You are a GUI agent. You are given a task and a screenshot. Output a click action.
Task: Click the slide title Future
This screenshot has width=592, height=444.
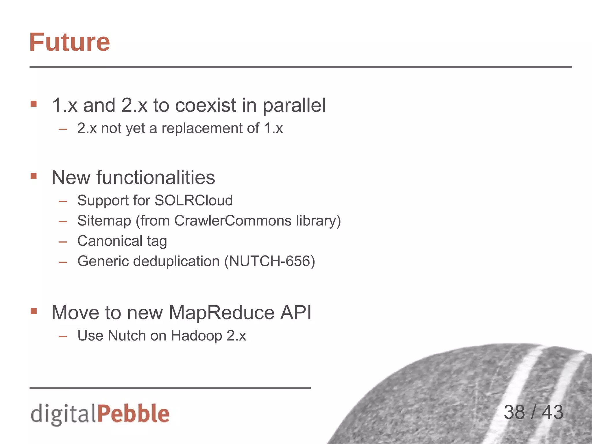click(69, 42)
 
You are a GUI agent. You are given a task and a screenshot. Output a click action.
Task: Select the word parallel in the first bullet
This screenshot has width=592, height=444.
click(294, 106)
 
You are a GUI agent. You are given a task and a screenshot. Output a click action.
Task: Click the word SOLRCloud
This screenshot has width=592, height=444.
click(193, 200)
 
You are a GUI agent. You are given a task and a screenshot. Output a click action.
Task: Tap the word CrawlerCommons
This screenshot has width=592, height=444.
click(233, 221)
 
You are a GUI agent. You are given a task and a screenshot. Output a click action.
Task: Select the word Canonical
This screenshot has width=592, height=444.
click(110, 241)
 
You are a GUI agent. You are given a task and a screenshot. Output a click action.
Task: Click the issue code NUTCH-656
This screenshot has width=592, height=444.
click(269, 261)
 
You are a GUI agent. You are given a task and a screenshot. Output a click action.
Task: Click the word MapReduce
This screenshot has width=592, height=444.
click(221, 312)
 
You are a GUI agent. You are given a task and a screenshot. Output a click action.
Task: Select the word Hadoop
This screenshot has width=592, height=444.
click(197, 336)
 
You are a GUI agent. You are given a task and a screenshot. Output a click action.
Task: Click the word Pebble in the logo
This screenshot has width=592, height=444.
click(133, 414)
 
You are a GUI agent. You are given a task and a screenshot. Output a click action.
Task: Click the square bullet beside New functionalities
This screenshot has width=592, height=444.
click(34, 176)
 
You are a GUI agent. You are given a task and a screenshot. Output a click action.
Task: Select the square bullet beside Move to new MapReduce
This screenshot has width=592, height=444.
click(34, 311)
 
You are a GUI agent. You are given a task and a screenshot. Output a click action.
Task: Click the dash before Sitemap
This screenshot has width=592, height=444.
click(63, 221)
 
